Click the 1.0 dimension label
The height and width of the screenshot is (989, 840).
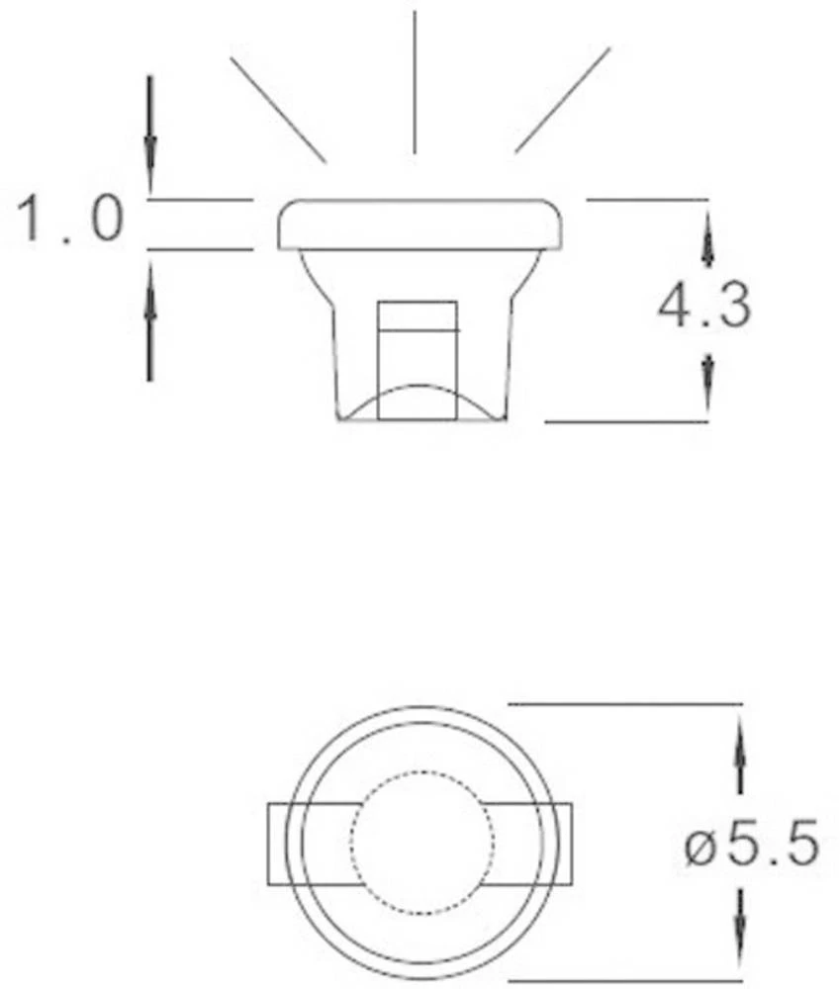tap(71, 220)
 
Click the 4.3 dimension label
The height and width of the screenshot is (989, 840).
tap(704, 308)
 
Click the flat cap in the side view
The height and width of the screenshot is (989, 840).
tap(420, 225)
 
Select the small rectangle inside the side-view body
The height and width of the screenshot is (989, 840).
tap(419, 316)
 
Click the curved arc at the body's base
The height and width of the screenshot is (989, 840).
tap(419, 396)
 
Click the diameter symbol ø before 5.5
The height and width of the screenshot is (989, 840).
tap(700, 848)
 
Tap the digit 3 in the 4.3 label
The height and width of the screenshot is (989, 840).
tap(732, 308)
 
